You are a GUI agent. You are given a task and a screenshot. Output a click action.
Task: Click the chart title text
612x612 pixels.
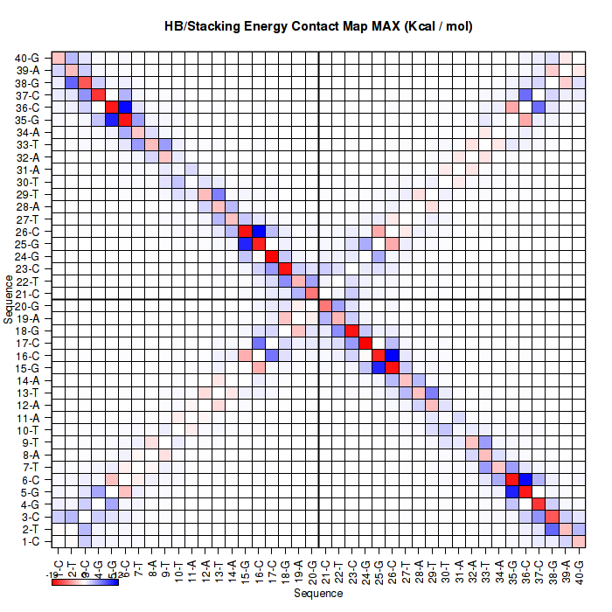coord(319,26)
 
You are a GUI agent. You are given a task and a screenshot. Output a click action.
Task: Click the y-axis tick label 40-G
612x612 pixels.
coord(27,58)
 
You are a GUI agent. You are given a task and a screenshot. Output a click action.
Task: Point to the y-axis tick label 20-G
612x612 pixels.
coord(27,306)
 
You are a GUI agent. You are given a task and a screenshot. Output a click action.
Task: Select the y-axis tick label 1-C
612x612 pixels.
coord(28,542)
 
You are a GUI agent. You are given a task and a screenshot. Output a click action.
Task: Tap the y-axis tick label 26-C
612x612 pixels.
coord(27,232)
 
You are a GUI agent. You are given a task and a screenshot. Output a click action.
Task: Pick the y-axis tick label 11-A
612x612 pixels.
coord(27,418)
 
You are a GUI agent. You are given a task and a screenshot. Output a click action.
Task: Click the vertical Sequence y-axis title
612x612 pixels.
coord(9,299)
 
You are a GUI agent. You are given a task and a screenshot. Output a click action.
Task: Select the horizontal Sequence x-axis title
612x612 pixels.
coord(318,594)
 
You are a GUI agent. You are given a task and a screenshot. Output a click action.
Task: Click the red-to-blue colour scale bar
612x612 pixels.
coord(85,581)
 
